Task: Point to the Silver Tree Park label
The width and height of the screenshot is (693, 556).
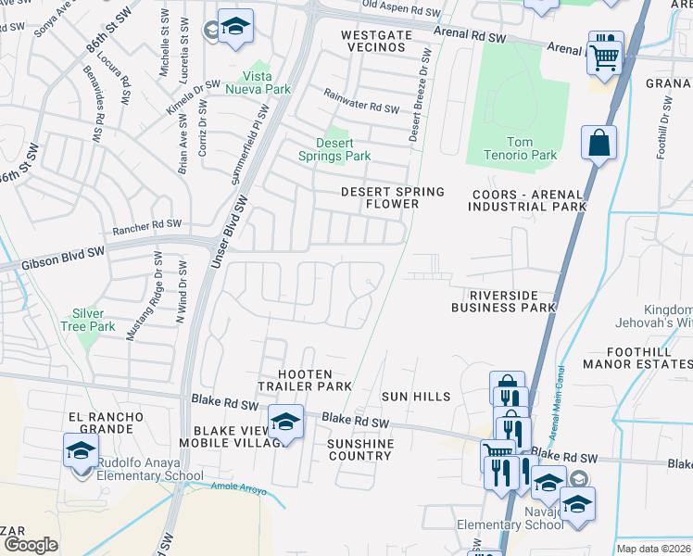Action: (x=94, y=321)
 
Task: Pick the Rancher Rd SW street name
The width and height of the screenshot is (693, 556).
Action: (x=146, y=225)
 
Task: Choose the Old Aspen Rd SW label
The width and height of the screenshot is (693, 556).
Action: (x=401, y=7)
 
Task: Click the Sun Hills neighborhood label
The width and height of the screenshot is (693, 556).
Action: (x=416, y=397)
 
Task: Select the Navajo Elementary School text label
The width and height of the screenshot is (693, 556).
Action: (x=510, y=518)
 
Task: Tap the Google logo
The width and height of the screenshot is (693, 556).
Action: (x=31, y=545)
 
